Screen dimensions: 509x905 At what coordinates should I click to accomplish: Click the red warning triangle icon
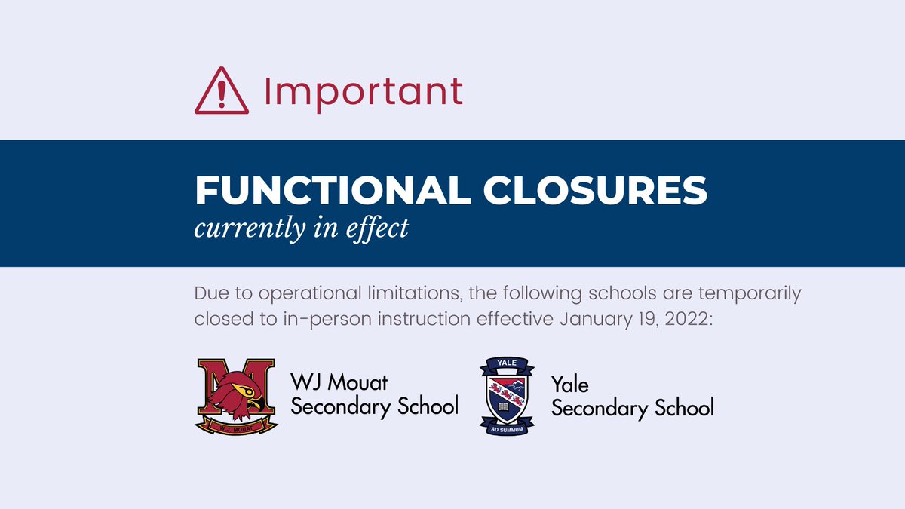221,92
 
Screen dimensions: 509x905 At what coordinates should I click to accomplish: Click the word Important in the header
363,91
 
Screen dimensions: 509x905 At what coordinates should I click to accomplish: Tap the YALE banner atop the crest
507,365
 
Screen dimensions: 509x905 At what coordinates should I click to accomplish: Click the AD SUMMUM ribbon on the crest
507,427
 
